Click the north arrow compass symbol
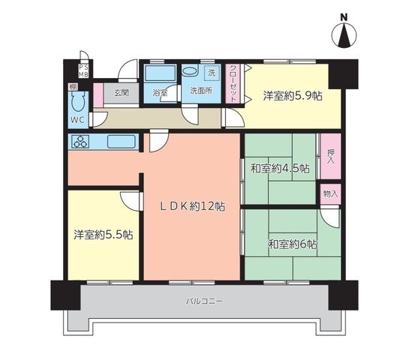pyautogui.click(x=344, y=35)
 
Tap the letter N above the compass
pyautogui.click(x=344, y=17)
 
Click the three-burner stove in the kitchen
pyautogui.click(x=81, y=142)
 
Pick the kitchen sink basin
pyautogui.click(x=121, y=142)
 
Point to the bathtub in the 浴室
pyautogui.click(x=160, y=73)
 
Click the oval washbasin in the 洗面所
pyautogui.click(x=190, y=71)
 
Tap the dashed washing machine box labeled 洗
pyautogui.click(x=212, y=73)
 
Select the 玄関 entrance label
pyautogui.click(x=121, y=93)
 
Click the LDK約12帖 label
pyautogui.click(x=193, y=206)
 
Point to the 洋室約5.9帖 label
pyautogui.click(x=293, y=96)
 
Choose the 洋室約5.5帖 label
pyautogui.click(x=104, y=235)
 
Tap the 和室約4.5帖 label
pyautogui.click(x=281, y=168)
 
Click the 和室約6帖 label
pyautogui.click(x=293, y=244)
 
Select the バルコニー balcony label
pyautogui.click(x=204, y=301)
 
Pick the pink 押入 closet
pyautogui.click(x=331, y=156)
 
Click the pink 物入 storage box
pyautogui.click(x=331, y=193)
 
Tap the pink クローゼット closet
pyautogui.click(x=233, y=84)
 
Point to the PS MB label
pyautogui.click(x=83, y=71)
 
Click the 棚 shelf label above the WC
pyautogui.click(x=73, y=86)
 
